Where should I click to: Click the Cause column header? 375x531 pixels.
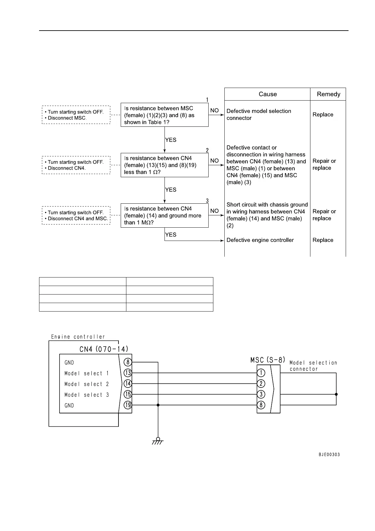pyautogui.click(x=268, y=94)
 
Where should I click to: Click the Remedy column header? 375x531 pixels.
pyautogui.click(x=328, y=94)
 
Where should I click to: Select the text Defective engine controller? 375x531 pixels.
pyautogui.click(x=260, y=240)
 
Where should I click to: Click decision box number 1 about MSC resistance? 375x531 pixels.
pyautogui.click(x=164, y=115)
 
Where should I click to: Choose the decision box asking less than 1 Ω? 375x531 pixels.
pyautogui.click(x=164, y=165)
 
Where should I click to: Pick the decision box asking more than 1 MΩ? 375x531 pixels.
pyautogui.click(x=164, y=215)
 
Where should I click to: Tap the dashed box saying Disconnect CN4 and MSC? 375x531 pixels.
pyautogui.click(x=76, y=215)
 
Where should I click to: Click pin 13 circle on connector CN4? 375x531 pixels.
pyautogui.click(x=128, y=373)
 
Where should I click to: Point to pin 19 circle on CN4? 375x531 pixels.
pyautogui.click(x=128, y=405)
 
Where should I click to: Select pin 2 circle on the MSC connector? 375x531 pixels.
pyautogui.click(x=261, y=384)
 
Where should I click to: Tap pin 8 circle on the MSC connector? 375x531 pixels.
pyautogui.click(x=261, y=405)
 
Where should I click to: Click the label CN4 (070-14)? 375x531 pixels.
pyautogui.click(x=104, y=349)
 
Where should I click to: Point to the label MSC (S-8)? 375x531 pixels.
pyautogui.click(x=268, y=360)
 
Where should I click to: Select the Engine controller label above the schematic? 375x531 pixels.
pyautogui.click(x=78, y=337)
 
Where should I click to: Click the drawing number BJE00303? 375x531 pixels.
pyautogui.click(x=329, y=455)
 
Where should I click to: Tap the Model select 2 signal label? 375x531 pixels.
pyautogui.click(x=87, y=384)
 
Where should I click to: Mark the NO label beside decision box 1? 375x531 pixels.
pyautogui.click(x=214, y=110)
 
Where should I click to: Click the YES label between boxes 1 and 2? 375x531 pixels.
pyautogui.click(x=171, y=140)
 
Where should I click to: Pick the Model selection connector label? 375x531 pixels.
pyautogui.click(x=313, y=366)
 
